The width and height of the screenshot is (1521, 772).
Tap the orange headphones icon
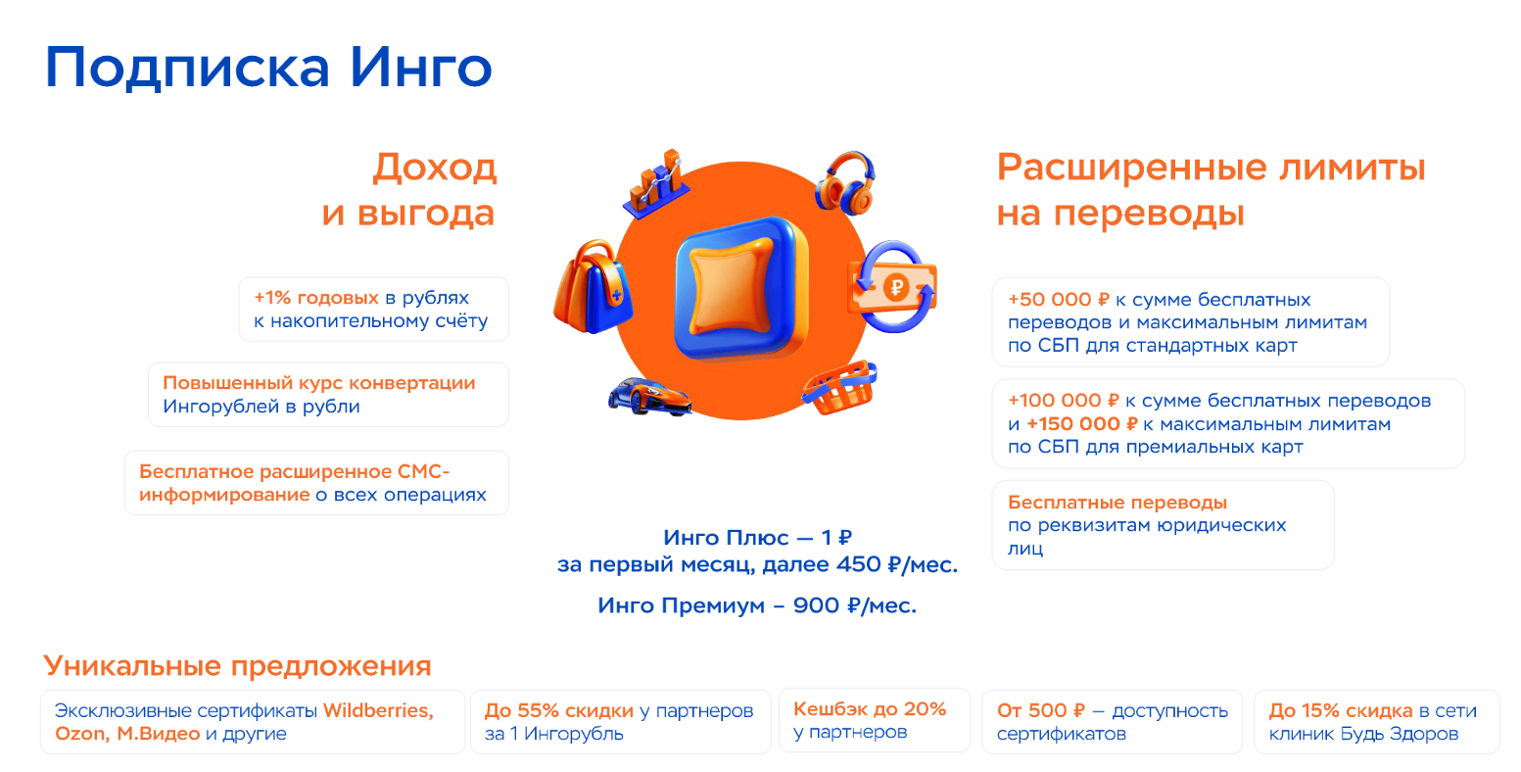(x=846, y=182)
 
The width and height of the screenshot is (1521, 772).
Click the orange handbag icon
(x=593, y=287)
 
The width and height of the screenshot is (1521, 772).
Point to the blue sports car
(x=649, y=396)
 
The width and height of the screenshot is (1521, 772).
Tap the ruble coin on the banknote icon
(x=895, y=288)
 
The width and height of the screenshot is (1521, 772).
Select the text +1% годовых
(x=315, y=298)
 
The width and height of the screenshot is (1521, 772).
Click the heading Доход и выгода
(x=409, y=190)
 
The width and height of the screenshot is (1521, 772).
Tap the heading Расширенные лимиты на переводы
(x=1211, y=190)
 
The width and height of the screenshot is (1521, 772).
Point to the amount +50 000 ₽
(x=1058, y=300)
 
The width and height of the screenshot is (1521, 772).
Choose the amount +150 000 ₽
(x=1081, y=424)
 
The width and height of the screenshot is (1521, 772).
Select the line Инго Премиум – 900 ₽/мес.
(x=757, y=605)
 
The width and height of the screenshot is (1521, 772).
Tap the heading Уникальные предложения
(x=237, y=666)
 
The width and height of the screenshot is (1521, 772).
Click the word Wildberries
(x=378, y=711)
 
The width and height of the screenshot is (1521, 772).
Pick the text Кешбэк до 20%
(x=870, y=709)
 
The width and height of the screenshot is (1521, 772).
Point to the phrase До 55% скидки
(x=559, y=711)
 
